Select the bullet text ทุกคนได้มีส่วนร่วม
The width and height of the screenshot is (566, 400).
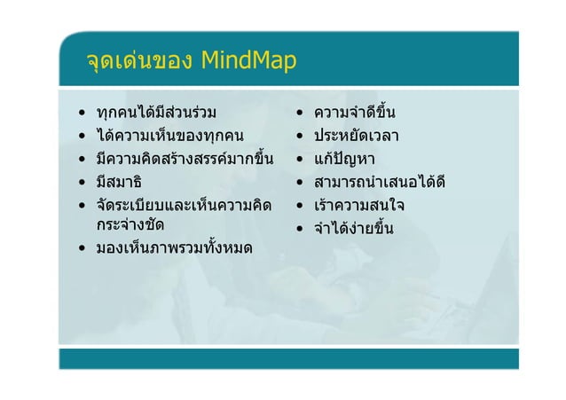click(156, 114)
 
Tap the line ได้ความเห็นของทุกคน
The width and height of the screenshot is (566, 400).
click(163, 137)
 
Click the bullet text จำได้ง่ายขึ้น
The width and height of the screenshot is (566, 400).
click(354, 229)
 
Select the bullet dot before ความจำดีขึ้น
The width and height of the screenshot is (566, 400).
click(303, 114)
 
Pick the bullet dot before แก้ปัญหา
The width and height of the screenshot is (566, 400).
click(303, 161)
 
